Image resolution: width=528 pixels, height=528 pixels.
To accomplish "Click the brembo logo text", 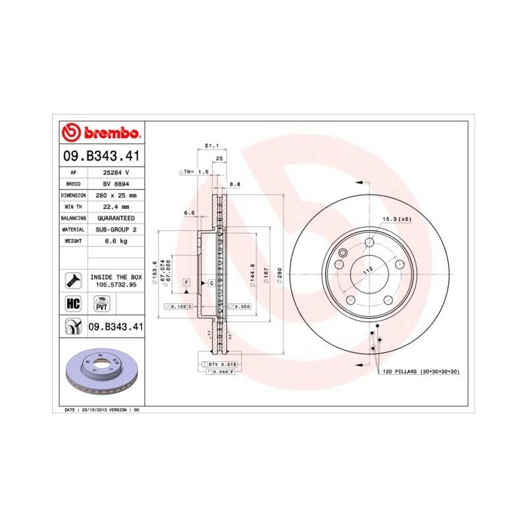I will [x=111, y=134].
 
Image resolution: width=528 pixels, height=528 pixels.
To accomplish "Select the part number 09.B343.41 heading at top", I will [x=100, y=157].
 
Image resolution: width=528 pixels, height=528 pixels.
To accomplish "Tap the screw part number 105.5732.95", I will [x=115, y=286].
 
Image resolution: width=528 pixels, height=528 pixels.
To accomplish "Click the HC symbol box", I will [x=74, y=304].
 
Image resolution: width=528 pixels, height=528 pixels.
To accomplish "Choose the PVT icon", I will [x=101, y=304].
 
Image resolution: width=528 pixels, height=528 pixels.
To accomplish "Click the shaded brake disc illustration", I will [x=100, y=372].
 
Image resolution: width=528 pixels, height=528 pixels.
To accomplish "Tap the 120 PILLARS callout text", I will [x=422, y=372].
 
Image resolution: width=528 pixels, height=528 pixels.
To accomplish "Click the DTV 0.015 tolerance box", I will [x=218, y=364].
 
